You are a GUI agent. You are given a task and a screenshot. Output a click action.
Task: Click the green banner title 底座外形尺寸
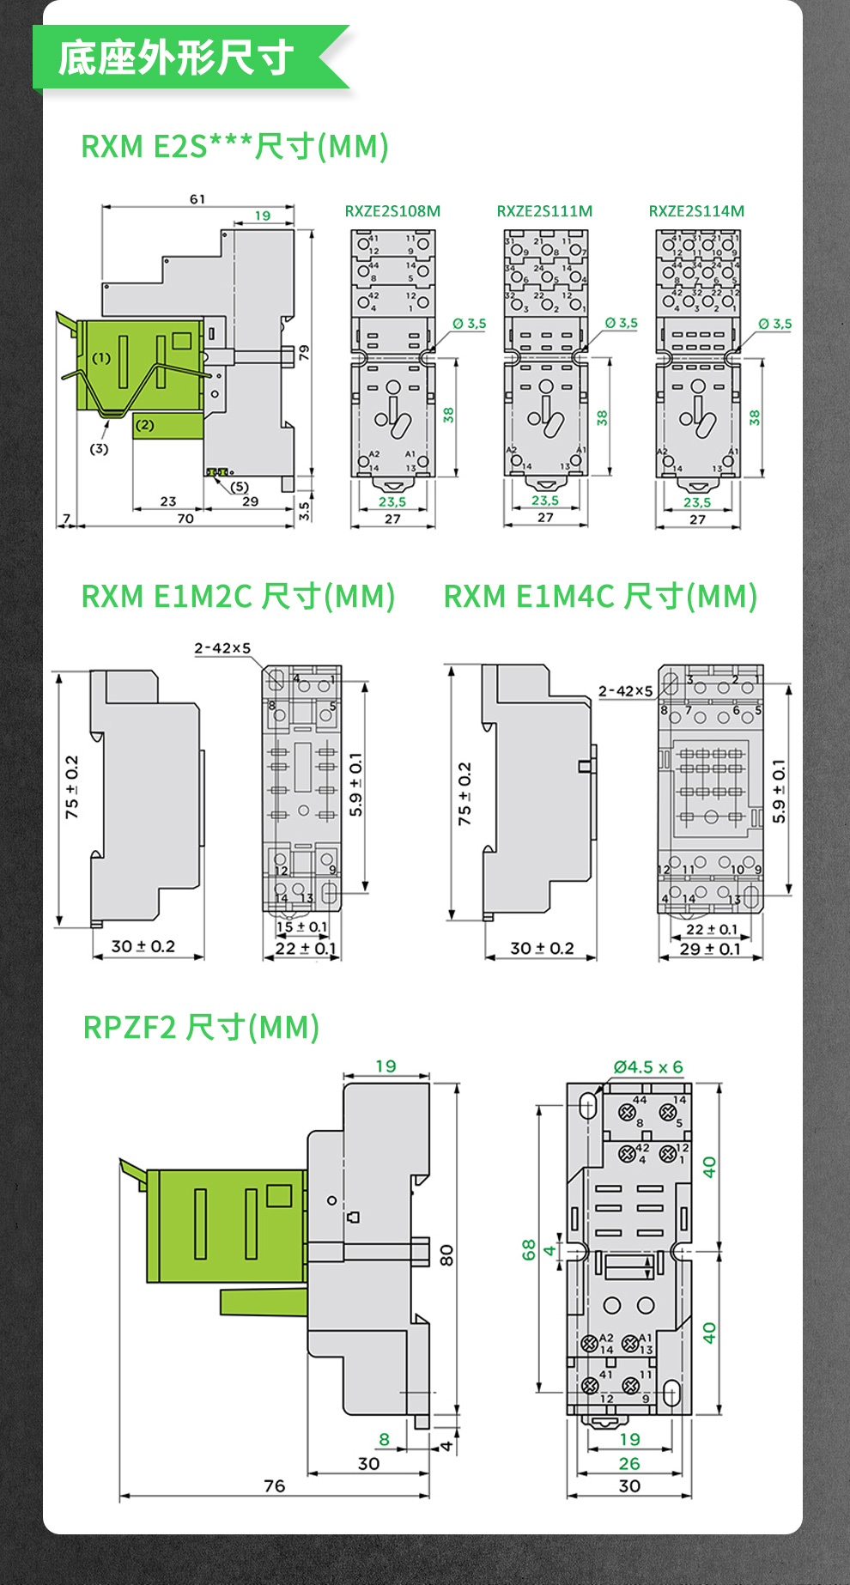176,58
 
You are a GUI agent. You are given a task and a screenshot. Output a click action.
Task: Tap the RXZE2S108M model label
392,211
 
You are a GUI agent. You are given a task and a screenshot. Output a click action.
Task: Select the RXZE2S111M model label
544,211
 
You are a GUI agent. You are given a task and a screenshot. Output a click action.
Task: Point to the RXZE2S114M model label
696,211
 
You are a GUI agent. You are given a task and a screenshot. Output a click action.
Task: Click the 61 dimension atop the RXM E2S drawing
197,199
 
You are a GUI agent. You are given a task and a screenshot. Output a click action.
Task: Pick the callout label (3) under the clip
100,448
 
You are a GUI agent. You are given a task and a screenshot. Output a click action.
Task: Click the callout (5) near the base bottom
240,487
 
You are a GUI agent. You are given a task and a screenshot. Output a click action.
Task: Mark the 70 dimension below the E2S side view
185,519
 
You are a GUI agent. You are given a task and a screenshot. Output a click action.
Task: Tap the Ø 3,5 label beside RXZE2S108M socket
470,324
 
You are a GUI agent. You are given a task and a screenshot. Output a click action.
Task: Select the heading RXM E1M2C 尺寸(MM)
238,596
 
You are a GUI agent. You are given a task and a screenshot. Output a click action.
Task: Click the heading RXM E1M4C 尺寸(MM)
600,596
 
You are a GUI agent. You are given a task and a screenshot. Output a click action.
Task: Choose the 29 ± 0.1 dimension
710,949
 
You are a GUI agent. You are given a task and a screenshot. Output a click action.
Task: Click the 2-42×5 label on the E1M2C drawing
222,648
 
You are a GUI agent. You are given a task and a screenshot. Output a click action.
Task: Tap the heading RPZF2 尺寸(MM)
201,1027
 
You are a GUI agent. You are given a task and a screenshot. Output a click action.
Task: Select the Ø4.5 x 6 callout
648,1067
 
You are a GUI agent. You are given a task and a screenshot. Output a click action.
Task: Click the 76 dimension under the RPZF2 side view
274,1486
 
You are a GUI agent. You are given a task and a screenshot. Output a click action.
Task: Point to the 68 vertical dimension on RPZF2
529,1249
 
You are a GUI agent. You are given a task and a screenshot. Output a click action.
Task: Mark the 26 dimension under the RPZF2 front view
629,1464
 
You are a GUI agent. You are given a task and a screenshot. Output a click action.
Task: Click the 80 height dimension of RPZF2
446,1256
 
